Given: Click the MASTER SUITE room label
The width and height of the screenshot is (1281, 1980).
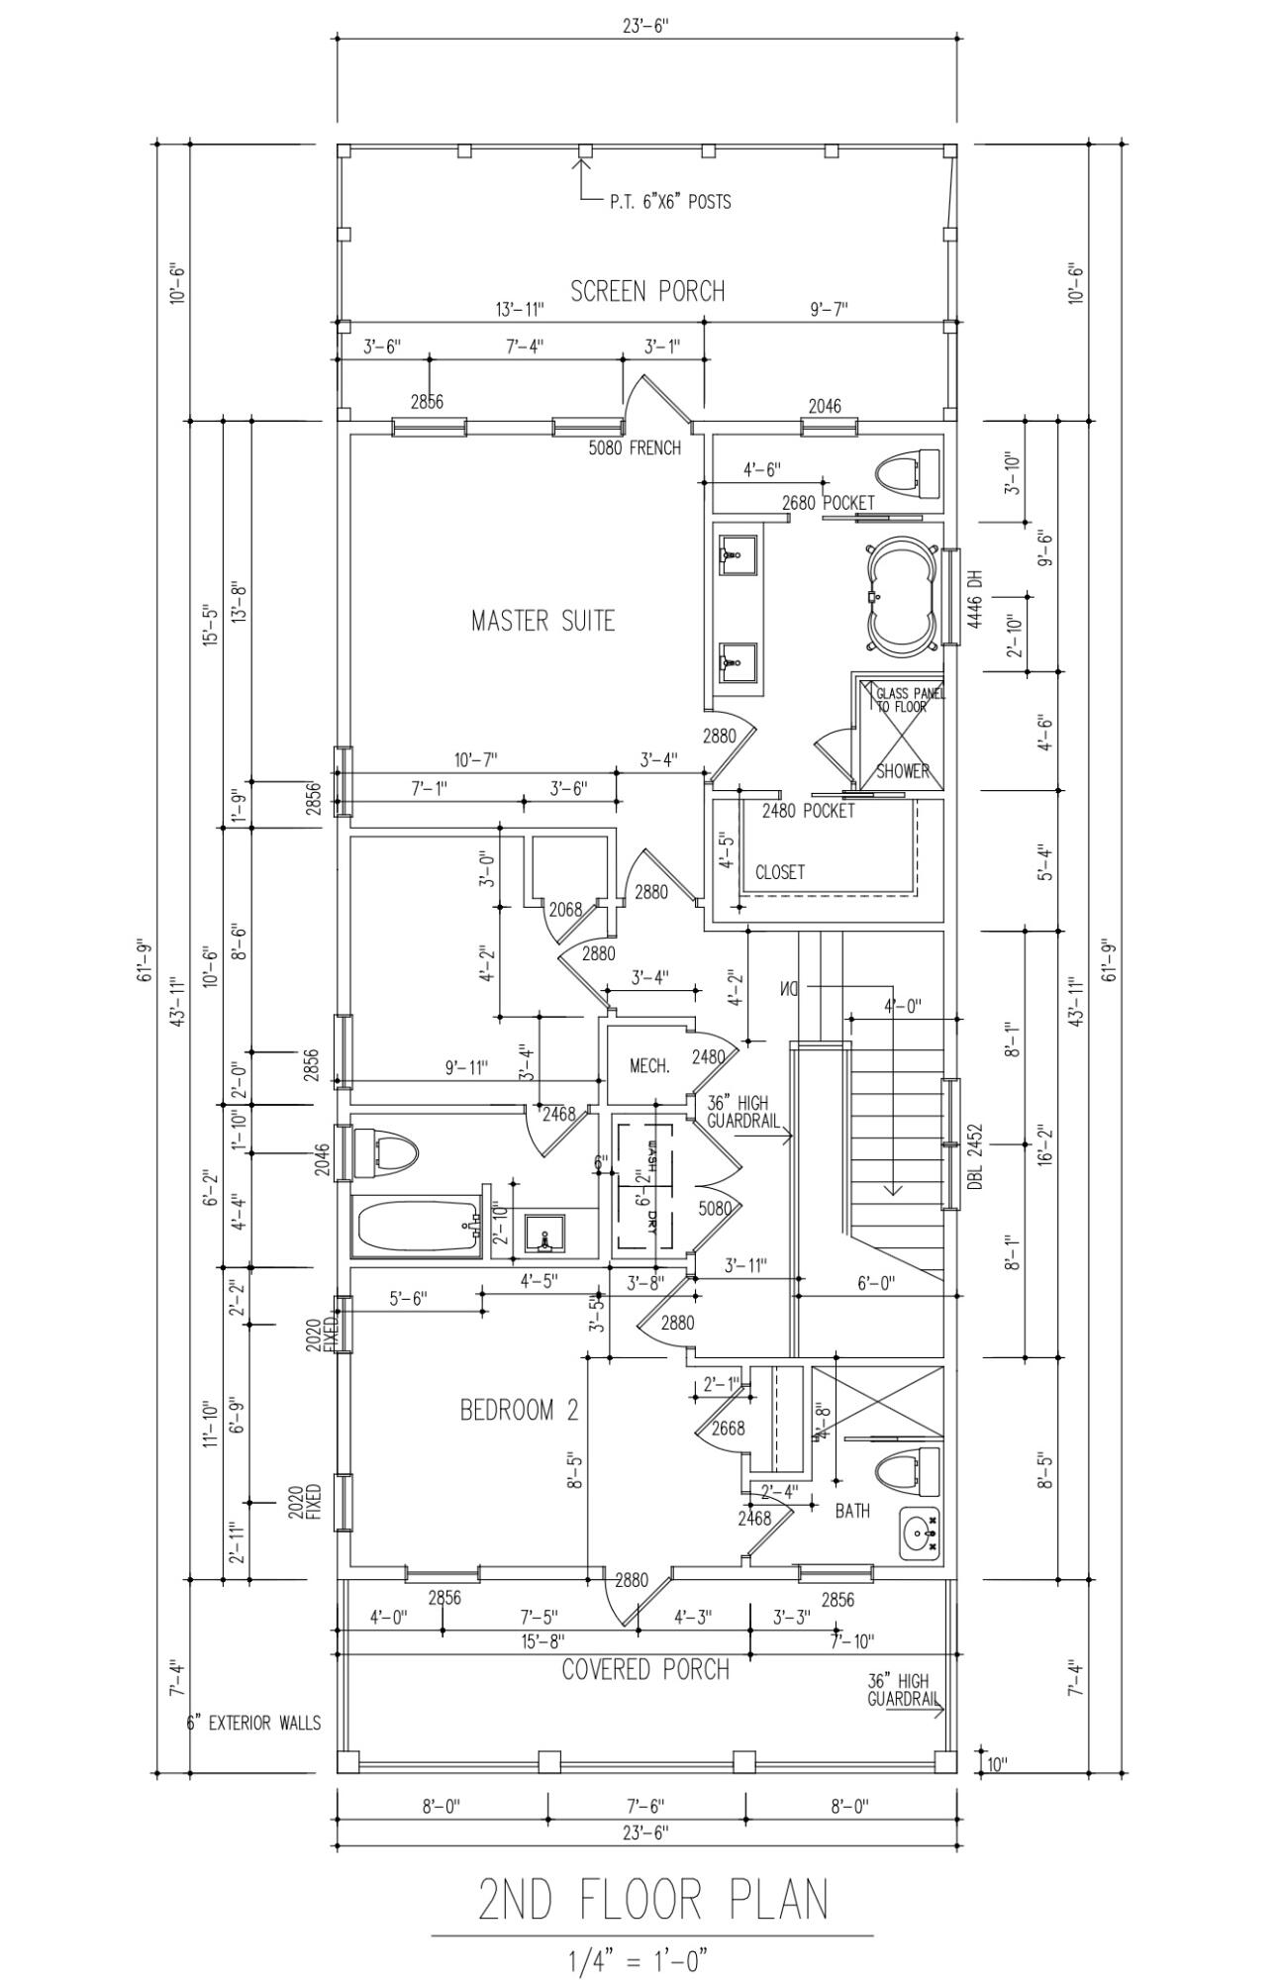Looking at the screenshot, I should coord(542,622).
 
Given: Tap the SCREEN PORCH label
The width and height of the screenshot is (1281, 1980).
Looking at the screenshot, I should coord(647,291).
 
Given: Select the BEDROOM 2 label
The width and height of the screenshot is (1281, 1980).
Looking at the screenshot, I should coord(519,1410).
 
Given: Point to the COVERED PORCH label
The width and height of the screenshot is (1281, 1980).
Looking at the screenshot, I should coord(645,1670).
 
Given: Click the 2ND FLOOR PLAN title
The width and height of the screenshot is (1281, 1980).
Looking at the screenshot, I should coord(653,1900).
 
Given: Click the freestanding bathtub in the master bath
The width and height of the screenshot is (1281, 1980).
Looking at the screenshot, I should coord(901,596).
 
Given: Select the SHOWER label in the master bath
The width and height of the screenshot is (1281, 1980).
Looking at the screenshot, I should coord(902,771).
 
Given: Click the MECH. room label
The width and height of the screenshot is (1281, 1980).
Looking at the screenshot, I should coord(649,1066).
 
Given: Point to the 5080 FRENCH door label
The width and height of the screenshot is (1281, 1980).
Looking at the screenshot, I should coord(635,448).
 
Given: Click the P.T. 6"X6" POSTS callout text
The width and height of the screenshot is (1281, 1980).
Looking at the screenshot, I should coord(670,202).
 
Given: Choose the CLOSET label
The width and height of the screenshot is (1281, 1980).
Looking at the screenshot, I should coord(779,872).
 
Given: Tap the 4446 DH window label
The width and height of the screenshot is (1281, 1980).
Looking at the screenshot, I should coord(974,598).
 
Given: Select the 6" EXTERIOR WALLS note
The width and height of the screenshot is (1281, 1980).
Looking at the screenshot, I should coord(254,1724).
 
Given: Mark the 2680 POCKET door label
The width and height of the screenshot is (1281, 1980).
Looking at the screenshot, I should coord(828,503).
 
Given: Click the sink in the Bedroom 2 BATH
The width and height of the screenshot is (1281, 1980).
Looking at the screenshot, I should coord(920,1534).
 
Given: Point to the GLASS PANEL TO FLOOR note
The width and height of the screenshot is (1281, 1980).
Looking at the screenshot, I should coord(909,700).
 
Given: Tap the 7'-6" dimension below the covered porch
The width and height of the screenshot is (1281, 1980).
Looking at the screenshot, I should coord(645,1806).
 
